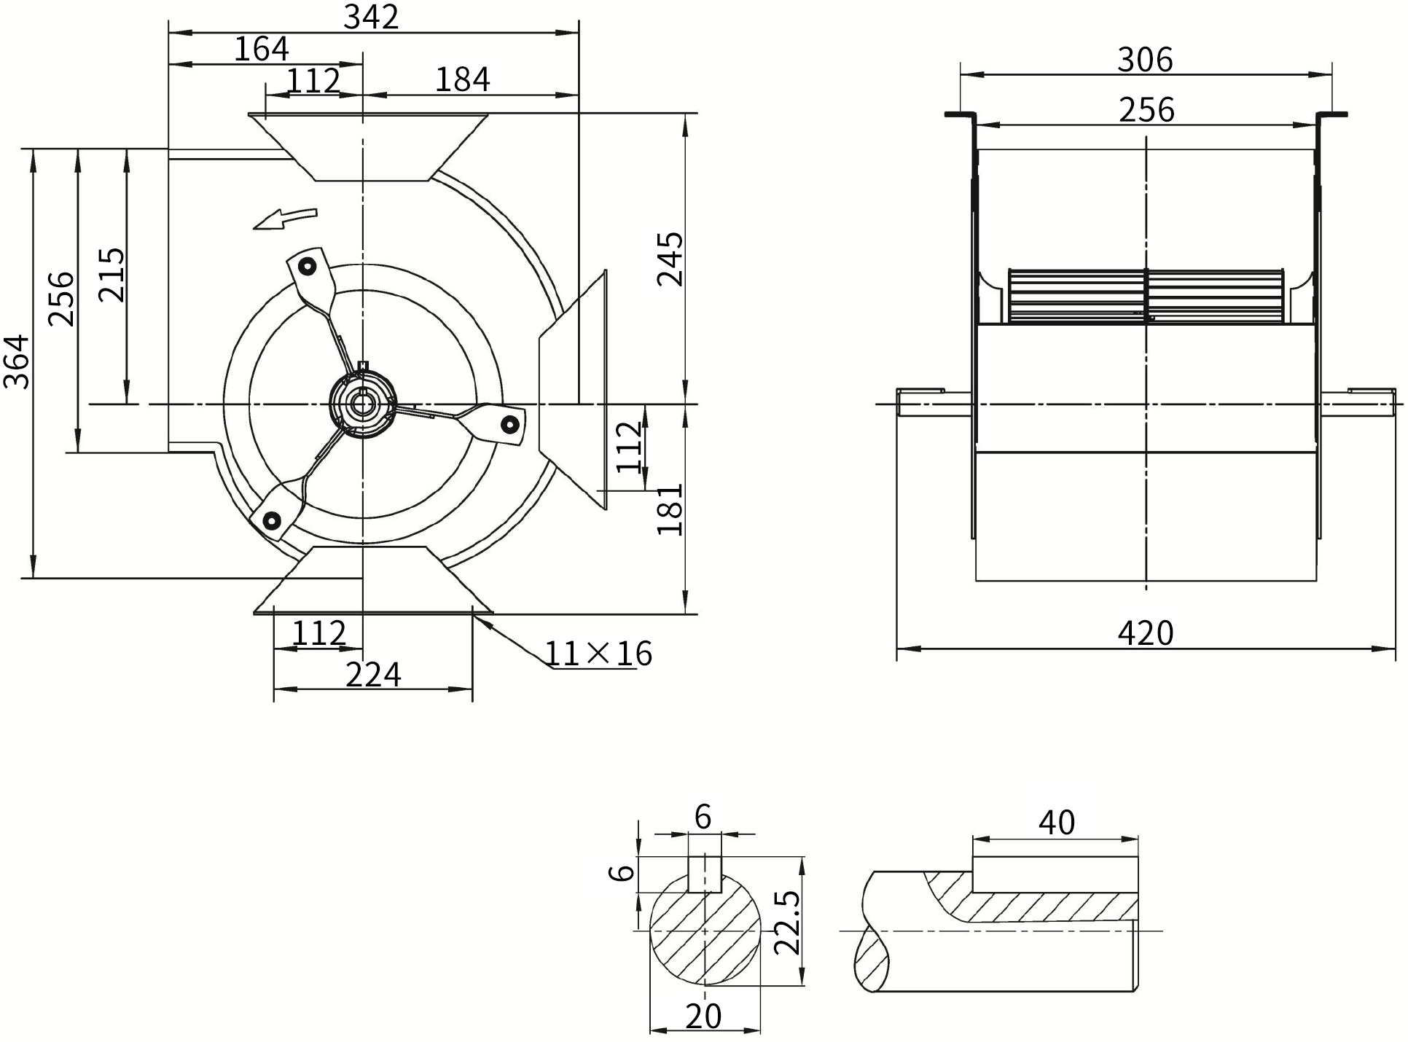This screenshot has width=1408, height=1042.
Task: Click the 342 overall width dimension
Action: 372,17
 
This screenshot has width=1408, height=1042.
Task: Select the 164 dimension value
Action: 262,50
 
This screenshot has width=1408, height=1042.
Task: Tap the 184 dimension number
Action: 463,79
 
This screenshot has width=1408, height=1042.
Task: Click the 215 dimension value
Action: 112,275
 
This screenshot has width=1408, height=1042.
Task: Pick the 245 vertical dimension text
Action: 670,259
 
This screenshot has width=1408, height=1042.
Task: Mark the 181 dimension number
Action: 670,509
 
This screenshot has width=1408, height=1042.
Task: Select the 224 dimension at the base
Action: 373,675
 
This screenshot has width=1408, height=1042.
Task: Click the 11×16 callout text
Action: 598,654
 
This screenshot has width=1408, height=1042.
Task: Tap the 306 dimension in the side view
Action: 1146,60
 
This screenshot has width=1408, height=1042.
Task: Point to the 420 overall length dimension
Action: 1146,633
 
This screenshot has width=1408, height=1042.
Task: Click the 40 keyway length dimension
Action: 1057,823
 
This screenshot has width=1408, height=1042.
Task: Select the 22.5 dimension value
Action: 788,922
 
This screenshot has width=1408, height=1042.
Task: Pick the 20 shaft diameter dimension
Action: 704,1016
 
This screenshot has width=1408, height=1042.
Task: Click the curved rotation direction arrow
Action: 285,217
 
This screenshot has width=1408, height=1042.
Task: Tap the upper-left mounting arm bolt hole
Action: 308,267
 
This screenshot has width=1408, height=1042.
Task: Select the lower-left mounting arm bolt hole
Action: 272,520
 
